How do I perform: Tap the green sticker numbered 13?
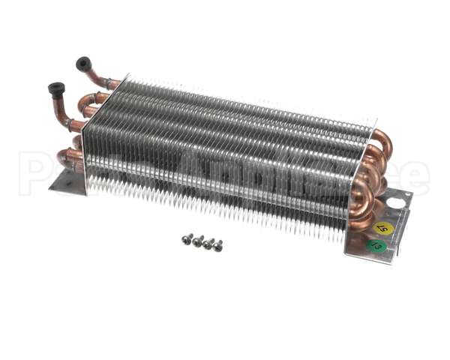point(376,245)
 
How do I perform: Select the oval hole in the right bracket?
point(393,202)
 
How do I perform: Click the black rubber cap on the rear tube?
point(83,64)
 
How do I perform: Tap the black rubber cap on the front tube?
point(56,89)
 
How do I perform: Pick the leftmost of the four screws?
point(187,238)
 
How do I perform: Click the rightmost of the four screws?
point(217,245)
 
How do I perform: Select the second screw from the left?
point(198,241)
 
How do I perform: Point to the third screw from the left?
point(208,243)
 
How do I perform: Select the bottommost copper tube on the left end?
point(69,157)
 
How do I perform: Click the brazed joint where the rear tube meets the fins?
point(112,83)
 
